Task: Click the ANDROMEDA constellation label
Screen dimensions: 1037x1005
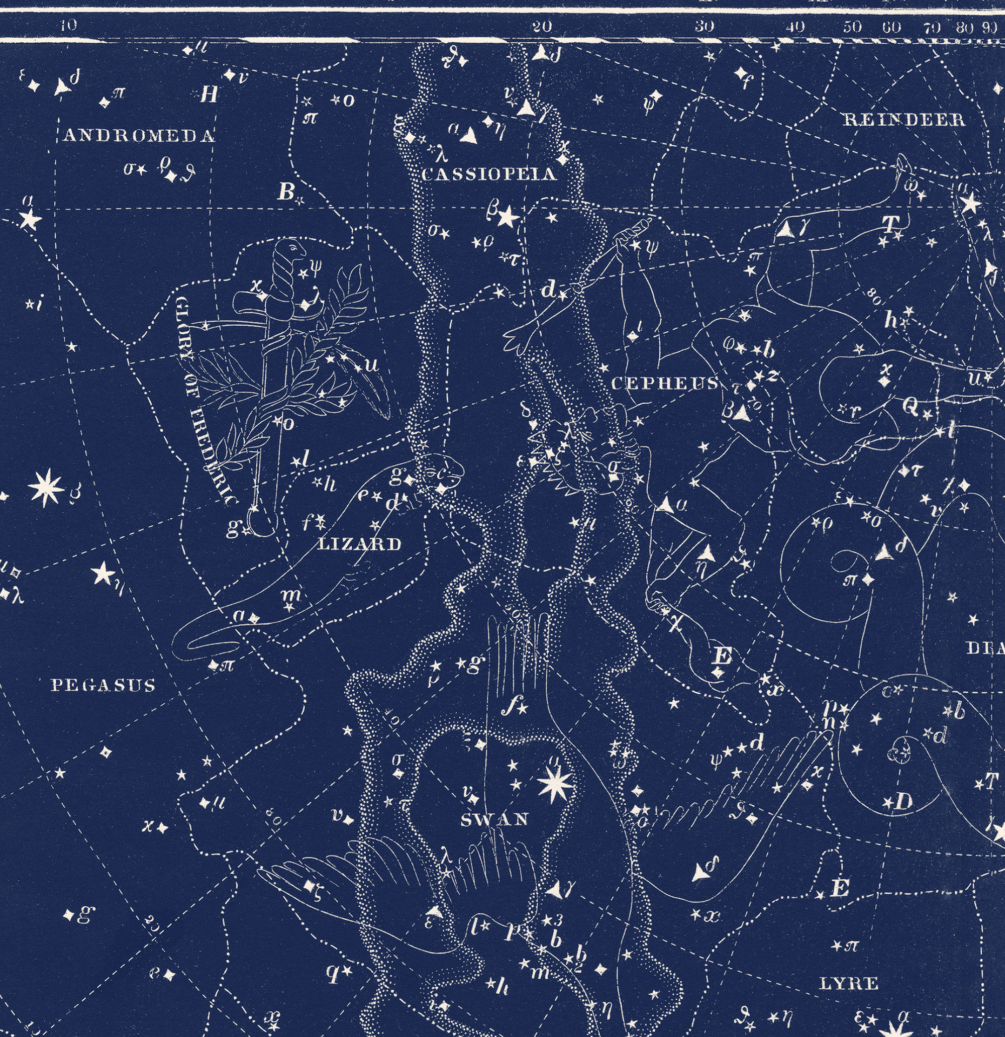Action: tap(139, 137)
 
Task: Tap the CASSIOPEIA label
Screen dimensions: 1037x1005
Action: tap(489, 174)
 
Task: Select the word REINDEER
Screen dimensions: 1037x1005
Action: tap(904, 120)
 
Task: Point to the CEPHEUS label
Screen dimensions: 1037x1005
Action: tap(665, 383)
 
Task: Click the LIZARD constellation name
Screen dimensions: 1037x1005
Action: tap(359, 544)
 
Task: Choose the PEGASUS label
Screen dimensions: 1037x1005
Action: tap(104, 686)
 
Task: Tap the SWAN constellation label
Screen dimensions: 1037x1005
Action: tap(494, 820)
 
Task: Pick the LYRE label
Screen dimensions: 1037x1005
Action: tap(848, 984)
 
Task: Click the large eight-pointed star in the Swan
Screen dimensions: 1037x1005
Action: tap(553, 785)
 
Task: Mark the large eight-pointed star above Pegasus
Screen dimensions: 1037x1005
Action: tap(46, 487)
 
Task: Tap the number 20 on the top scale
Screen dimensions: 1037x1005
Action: tap(542, 27)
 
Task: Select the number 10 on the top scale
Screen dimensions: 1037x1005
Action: tap(68, 25)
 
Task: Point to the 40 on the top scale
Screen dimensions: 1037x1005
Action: tap(795, 27)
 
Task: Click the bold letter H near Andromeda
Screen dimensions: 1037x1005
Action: tap(210, 95)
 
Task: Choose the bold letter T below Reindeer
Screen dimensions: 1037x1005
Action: tap(890, 224)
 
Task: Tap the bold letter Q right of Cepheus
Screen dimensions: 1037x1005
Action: tap(911, 406)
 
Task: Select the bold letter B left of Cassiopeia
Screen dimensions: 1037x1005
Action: tap(285, 193)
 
